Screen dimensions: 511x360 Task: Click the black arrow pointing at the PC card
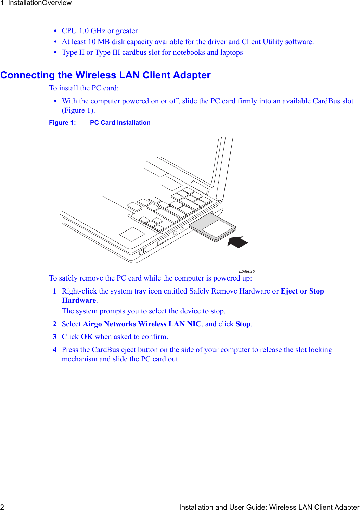tap(238, 242)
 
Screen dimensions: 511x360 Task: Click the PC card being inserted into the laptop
tap(212, 227)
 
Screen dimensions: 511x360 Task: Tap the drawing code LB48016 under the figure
tap(246, 271)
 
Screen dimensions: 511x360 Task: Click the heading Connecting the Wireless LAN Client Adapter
tap(105, 75)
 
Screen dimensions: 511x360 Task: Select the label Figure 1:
tap(62, 123)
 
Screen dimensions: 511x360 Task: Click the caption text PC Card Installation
tap(120, 123)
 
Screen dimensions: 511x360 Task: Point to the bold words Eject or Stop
tap(302, 291)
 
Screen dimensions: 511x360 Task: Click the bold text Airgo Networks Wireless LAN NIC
tap(142, 324)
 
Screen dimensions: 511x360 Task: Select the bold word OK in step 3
tap(87, 337)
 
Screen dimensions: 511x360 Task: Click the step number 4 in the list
tap(54, 350)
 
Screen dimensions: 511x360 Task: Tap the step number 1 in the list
tap(54, 291)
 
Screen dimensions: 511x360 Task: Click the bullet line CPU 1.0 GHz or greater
tap(100, 31)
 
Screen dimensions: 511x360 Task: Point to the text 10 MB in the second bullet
tap(99, 42)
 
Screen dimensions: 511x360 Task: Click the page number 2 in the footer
tap(2, 507)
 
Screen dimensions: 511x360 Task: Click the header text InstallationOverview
tap(40, 3)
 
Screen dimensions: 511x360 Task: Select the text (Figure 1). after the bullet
tap(78, 110)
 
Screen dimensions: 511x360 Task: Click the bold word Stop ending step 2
tap(243, 324)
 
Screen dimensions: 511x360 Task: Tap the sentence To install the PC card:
tap(84, 88)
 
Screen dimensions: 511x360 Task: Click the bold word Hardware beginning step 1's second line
tap(79, 300)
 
